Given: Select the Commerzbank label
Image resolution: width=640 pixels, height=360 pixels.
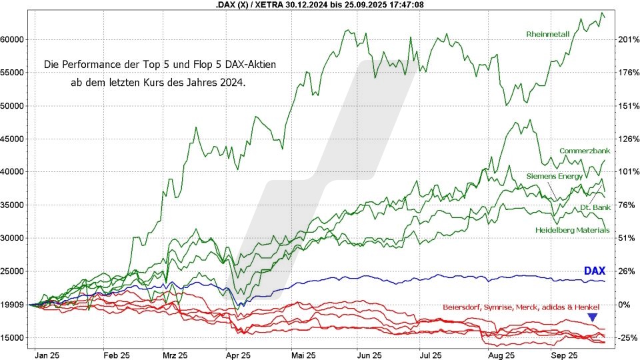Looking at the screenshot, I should coord(585,151).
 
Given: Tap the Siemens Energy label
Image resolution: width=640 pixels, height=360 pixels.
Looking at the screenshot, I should coord(554,176).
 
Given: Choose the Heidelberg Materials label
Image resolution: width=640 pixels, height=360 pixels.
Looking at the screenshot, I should coord(573,230).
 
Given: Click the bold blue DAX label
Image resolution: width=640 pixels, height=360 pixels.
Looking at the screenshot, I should coord(594,271).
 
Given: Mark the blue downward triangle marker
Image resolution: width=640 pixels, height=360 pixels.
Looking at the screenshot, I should coord(592,318).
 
